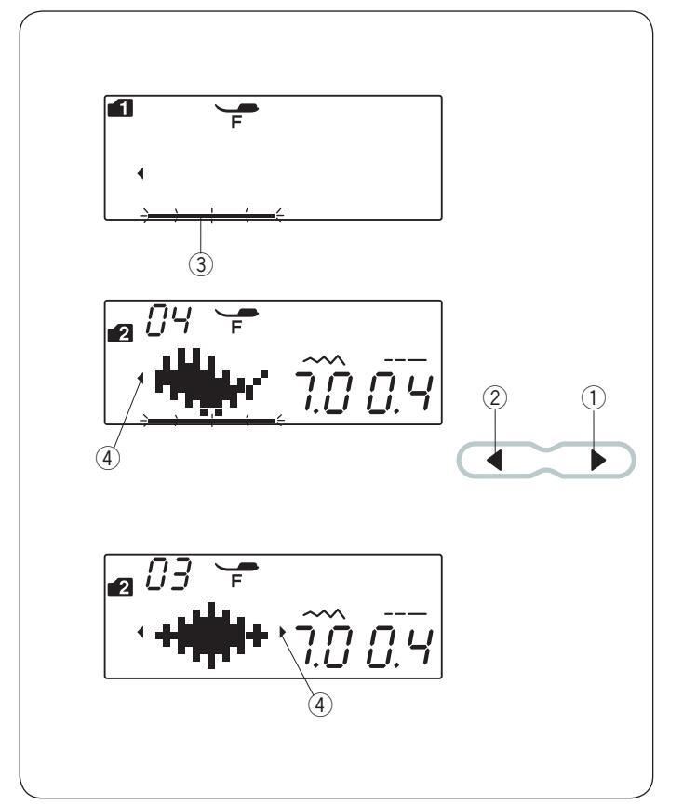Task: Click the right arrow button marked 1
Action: (597, 460)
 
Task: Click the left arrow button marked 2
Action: (495, 460)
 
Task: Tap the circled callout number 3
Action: (201, 264)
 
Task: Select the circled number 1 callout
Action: (594, 398)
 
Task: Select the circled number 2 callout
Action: (495, 398)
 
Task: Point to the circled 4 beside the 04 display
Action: (108, 458)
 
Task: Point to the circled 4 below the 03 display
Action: (320, 704)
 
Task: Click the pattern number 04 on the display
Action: (168, 321)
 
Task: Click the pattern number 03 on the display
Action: (168, 574)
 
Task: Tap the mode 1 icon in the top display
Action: (120, 108)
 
